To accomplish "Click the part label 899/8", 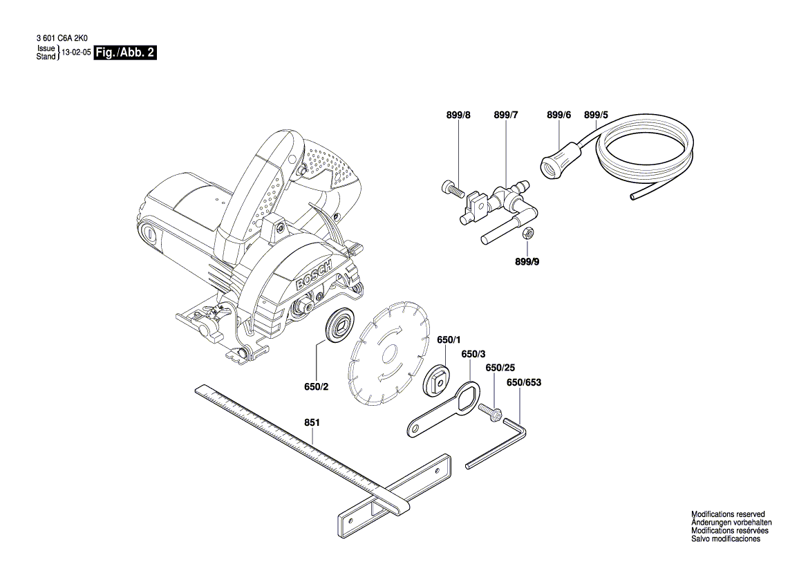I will pos(458,115).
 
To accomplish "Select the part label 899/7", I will pos(506,115).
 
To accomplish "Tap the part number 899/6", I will pos(558,115).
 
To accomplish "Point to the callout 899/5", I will pos(596,115).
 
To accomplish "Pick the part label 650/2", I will pos(316,387).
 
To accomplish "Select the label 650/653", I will pos(524,382).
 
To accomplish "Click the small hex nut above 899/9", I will pos(526,234).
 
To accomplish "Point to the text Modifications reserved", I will pos(728,514).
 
